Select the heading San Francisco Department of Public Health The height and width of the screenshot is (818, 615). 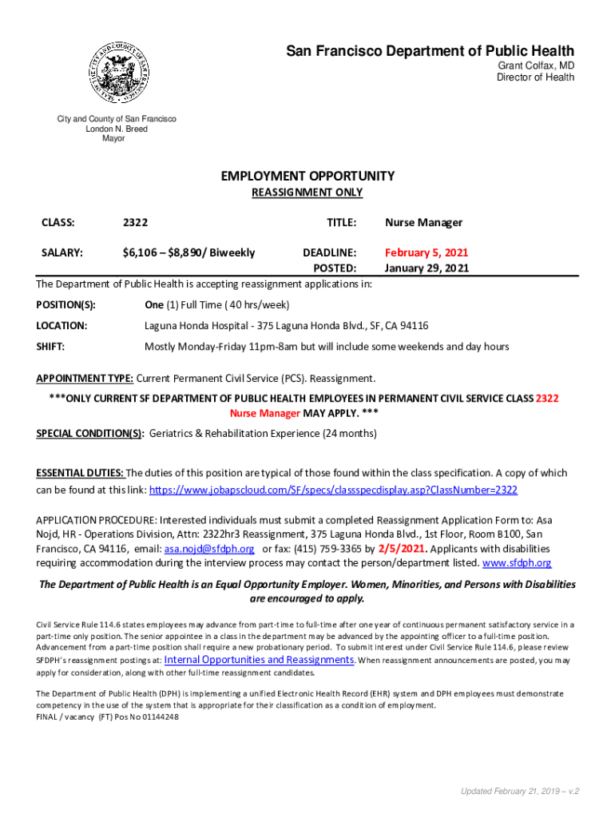[x=430, y=51]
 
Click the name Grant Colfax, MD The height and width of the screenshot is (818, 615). [x=536, y=66]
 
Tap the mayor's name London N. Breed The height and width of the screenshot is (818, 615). [x=117, y=129]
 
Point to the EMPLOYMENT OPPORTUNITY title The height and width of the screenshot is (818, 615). [x=307, y=176]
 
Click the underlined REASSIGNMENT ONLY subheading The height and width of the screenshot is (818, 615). [x=307, y=193]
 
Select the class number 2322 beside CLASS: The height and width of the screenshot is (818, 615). [x=135, y=223]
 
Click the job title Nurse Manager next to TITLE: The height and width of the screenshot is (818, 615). [x=423, y=223]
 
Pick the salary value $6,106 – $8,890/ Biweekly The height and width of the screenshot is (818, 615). [x=188, y=252]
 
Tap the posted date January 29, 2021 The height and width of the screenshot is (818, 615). [x=427, y=268]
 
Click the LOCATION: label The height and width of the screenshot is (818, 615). [x=61, y=325]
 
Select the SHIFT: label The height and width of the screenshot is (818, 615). [x=50, y=347]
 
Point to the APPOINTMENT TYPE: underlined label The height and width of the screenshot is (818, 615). [x=85, y=378]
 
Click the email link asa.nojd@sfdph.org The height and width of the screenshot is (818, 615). [x=209, y=549]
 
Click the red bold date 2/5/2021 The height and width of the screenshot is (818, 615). [x=402, y=548]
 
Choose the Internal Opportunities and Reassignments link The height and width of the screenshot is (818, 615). [x=259, y=660]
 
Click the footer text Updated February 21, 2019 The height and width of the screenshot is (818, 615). [x=512, y=791]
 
